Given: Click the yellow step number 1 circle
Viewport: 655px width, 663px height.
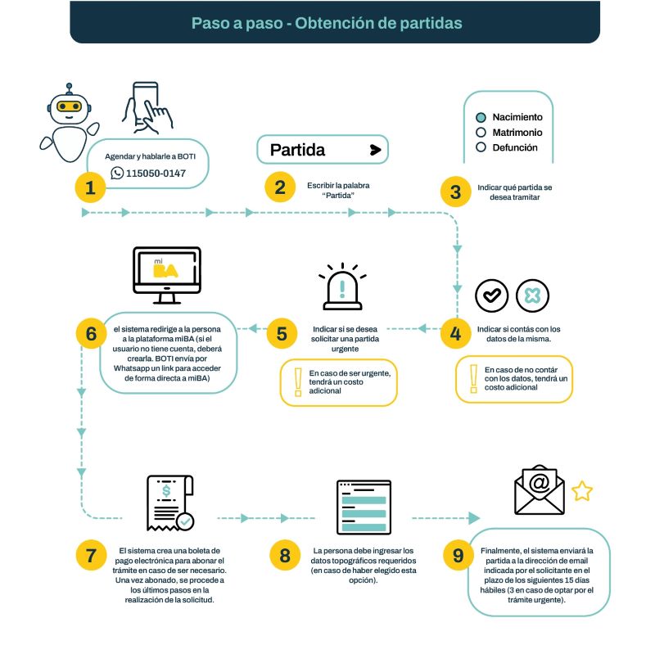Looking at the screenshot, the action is coord(90,187).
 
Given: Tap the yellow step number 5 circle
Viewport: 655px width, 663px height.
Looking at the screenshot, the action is coord(282,334).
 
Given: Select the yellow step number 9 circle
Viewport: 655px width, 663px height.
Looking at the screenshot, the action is coord(458,555).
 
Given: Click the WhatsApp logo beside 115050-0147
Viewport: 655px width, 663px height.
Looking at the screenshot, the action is coord(117,173).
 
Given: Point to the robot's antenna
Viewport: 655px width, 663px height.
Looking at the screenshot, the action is coord(69,88).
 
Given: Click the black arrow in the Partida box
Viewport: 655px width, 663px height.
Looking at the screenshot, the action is coord(375,150).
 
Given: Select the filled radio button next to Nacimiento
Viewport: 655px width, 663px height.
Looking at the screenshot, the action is coord(481,118).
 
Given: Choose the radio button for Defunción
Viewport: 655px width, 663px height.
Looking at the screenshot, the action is coord(481,147).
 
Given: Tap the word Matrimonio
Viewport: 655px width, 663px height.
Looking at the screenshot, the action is coord(517,133).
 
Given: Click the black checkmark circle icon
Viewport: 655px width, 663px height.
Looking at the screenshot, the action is coord(492,295).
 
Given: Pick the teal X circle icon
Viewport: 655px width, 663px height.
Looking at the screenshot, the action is coord(532,295).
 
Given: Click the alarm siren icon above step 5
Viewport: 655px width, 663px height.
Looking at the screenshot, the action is coord(342,286).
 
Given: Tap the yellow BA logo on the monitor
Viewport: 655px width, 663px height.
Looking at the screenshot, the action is coord(165,271).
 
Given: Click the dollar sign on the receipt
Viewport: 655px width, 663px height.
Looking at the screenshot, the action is coord(166,491).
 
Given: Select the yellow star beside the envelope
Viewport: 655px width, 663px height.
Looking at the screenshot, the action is coord(582,491).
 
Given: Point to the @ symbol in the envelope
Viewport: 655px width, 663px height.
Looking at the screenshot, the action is coord(540,482).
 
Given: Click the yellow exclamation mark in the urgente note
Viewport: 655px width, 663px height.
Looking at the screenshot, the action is coord(298,382).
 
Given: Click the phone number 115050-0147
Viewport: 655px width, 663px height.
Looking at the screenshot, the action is coord(156,174).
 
